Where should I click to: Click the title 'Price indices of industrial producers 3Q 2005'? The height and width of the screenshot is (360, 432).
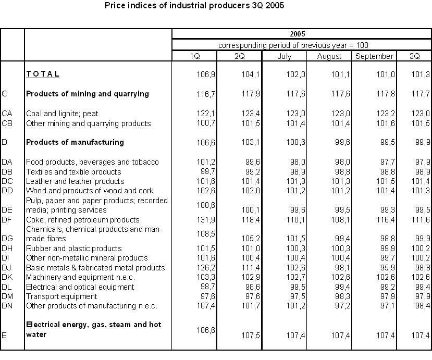pyautogui.click(x=194, y=6)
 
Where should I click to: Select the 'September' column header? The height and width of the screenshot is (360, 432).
pyautogui.click(x=374, y=56)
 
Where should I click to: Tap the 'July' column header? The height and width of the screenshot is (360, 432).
pyautogui.click(x=284, y=56)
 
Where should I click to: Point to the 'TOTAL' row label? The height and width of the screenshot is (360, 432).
pyautogui.click(x=43, y=74)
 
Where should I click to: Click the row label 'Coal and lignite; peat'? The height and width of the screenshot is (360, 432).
pyautogui.click(x=62, y=113)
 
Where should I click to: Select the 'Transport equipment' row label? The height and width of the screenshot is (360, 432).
pyautogui.click(x=61, y=296)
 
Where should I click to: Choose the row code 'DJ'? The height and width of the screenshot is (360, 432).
pyautogui.click(x=7, y=268)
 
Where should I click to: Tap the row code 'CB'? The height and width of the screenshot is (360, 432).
pyautogui.click(x=7, y=123)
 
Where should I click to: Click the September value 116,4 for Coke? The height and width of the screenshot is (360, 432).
pyautogui.click(x=384, y=220)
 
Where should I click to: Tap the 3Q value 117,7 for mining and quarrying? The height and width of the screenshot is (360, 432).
pyautogui.click(x=420, y=94)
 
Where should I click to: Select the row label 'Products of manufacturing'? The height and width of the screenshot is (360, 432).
pyautogui.click(x=75, y=142)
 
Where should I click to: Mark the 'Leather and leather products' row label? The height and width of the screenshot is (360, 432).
pyautogui.click(x=75, y=181)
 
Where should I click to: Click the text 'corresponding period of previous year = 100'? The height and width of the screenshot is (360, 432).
pyautogui.click(x=293, y=45)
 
